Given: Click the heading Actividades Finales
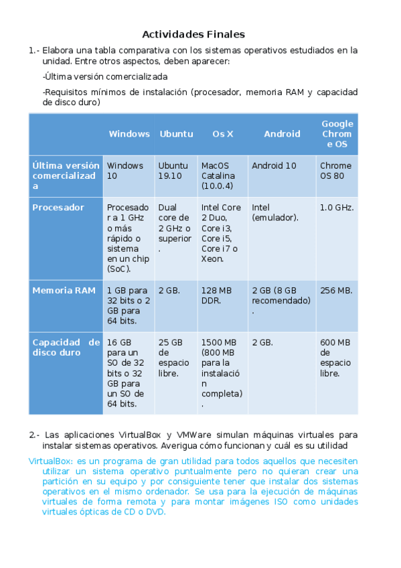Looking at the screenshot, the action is point(193,34).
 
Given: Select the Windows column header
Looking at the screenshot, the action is point(129,134).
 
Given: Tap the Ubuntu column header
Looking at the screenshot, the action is point(176,134).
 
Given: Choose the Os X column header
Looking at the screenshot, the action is point(223,134).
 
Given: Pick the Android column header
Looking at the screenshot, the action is point(282,134).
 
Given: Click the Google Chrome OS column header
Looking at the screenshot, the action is point(337,134).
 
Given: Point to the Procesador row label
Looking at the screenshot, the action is point(58,208).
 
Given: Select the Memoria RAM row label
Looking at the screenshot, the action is point(64,291).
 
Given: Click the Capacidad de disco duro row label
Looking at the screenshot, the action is point(66,347).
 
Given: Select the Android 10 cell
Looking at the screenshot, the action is point(274,166).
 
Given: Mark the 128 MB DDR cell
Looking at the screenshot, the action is point(216,295).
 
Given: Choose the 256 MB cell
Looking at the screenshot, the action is point(335,291).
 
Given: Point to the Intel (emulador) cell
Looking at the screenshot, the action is point(275,212).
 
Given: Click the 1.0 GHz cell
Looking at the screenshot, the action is point(337,208).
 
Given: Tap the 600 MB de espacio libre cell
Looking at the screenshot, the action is point(335,358).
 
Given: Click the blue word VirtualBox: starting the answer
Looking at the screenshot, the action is point(52,461).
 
